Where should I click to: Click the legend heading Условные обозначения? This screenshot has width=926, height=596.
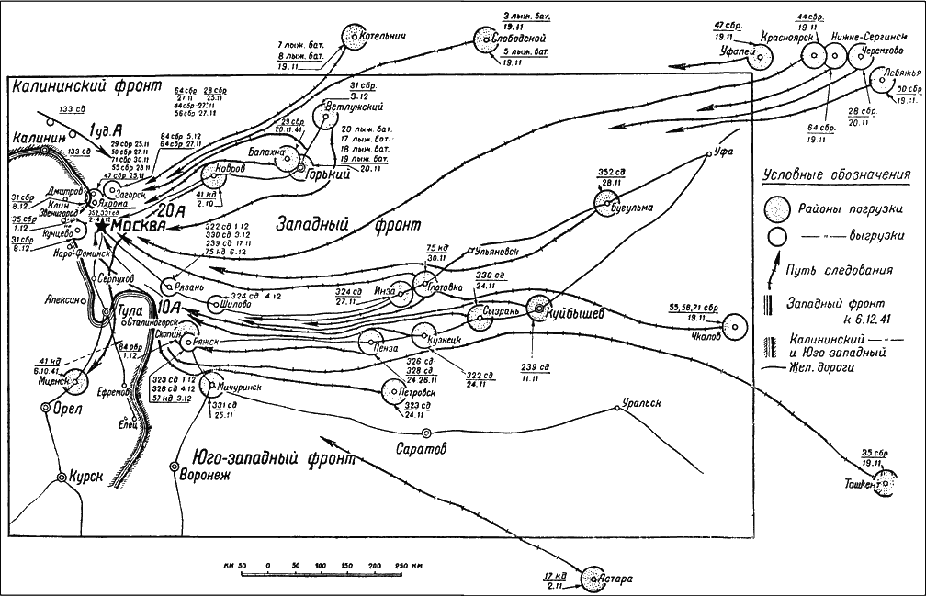(x=836, y=174)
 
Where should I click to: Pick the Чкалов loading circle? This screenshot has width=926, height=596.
(x=733, y=327)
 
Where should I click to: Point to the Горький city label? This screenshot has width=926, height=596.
(x=313, y=175)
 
